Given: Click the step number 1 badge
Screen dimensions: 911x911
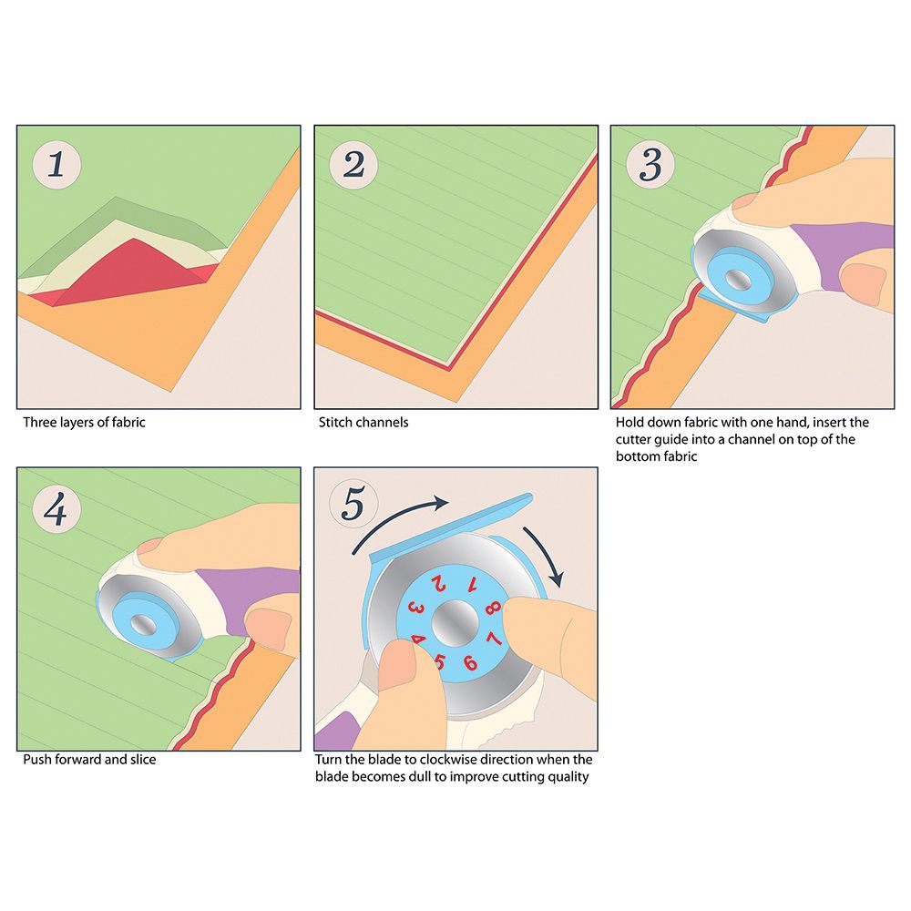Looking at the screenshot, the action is [56, 164].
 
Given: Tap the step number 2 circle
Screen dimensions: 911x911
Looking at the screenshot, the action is [353, 164].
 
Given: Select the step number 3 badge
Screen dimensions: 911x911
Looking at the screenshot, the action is [650, 164].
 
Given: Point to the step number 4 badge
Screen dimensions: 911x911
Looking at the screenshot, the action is [56, 509].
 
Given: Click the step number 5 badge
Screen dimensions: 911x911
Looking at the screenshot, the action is [353, 503].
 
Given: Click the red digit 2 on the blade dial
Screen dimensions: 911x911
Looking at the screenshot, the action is [439, 583].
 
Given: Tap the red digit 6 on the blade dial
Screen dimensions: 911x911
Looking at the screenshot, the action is [470, 663].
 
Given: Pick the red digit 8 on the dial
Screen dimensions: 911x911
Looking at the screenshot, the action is [493, 608].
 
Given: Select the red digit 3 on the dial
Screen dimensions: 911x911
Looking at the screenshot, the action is [416, 609].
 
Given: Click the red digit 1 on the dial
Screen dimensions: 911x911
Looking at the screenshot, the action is [473, 585].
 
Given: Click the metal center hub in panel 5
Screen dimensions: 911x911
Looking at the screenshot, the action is [455, 623].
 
